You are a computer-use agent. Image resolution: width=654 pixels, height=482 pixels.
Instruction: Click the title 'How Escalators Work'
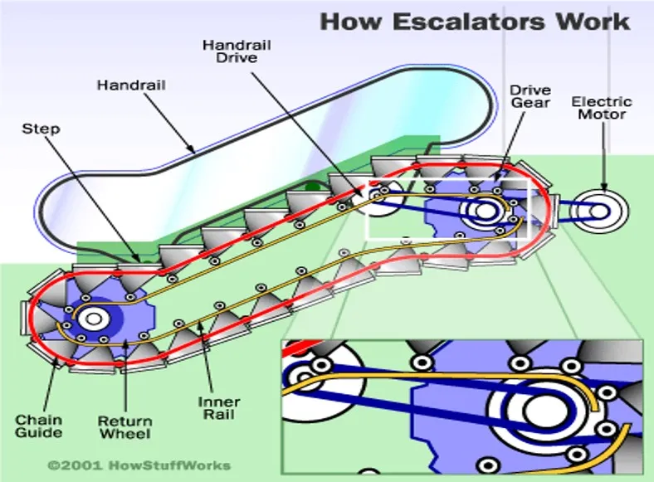tap(475, 22)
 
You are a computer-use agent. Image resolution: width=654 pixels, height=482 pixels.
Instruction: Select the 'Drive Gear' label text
tap(530, 95)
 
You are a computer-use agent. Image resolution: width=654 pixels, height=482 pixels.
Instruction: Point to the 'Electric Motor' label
tap(602, 108)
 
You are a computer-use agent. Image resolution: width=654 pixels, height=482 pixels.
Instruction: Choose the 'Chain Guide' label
tap(38, 426)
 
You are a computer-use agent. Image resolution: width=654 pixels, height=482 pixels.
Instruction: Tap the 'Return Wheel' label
tap(124, 426)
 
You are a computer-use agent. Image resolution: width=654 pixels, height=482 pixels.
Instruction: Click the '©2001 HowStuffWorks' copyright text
tap(139, 465)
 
